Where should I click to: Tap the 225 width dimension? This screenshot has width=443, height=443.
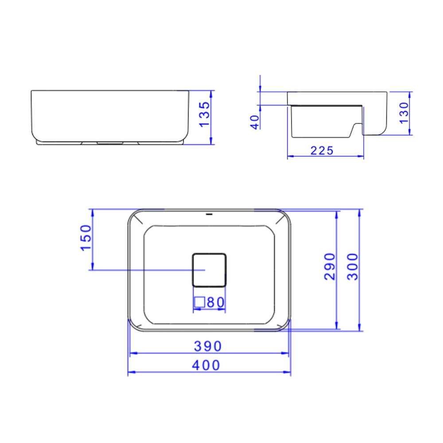click(x=322, y=151)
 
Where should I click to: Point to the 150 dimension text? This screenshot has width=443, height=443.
click(x=85, y=238)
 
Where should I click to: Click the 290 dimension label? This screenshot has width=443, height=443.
click(x=330, y=267)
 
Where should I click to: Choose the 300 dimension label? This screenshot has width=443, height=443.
click(x=352, y=267)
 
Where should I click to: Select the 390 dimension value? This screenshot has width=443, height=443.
click(x=207, y=346)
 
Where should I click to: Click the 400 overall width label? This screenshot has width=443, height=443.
click(x=207, y=366)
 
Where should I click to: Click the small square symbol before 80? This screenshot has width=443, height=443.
click(x=199, y=302)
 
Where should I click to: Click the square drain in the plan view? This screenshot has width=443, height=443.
click(x=209, y=269)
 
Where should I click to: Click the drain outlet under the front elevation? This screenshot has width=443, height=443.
click(x=110, y=143)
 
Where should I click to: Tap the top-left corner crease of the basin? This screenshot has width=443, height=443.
click(x=137, y=218)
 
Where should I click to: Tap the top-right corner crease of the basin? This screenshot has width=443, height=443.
click(x=281, y=218)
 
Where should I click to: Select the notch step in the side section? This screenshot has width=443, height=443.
click(x=355, y=128)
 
